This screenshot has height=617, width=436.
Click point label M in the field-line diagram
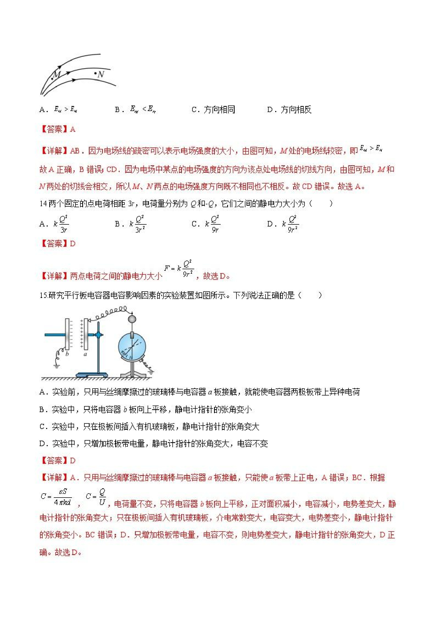point(57,74)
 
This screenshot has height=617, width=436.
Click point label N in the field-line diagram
point(101,74)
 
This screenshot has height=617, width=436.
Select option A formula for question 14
point(61,224)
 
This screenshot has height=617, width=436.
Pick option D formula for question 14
point(291,224)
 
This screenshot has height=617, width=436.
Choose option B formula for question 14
point(138,224)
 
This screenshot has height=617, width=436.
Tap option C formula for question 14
point(213,224)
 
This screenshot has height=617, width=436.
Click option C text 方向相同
point(219,110)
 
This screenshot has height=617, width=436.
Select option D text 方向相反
point(296,110)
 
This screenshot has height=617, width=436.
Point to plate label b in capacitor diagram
point(67,354)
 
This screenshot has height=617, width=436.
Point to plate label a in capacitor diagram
point(85,354)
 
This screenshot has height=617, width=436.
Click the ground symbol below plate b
point(57,365)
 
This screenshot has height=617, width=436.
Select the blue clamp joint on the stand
point(99,335)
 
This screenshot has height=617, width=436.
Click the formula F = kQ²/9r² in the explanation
point(179,268)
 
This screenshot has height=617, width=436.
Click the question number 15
point(43,295)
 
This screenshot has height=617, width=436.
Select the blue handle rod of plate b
point(55,335)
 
